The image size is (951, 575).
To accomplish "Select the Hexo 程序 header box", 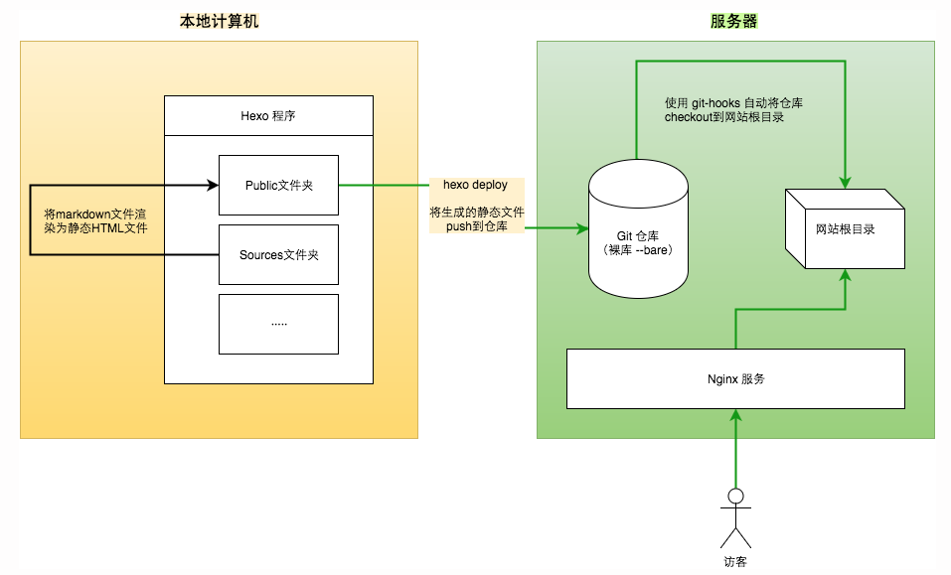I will pyautogui.click(x=268, y=116).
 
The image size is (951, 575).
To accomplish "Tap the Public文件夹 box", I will pyautogui.click(x=278, y=185).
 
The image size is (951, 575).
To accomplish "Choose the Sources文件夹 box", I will pyautogui.click(x=278, y=254).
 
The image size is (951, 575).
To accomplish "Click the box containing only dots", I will pyautogui.click(x=278, y=324).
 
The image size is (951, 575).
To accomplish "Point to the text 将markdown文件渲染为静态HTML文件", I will pyautogui.click(x=96, y=220).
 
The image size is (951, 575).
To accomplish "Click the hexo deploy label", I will pyautogui.click(x=475, y=186).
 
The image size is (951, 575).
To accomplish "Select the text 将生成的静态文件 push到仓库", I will pyautogui.click(x=476, y=219).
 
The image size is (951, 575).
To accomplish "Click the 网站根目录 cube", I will pyautogui.click(x=845, y=229).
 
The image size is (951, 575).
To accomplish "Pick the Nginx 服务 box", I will pyautogui.click(x=735, y=378).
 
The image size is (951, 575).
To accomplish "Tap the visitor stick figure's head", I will pyautogui.click(x=735, y=496).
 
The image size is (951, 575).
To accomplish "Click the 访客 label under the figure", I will pyautogui.click(x=735, y=561).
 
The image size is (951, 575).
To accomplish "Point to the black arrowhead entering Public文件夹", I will pyautogui.click(x=212, y=185).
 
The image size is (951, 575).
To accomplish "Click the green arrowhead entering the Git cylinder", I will pyautogui.click(x=582, y=228).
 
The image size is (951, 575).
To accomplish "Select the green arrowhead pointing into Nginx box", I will pyautogui.click(x=735, y=416).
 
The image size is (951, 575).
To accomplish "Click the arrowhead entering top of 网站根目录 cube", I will pyautogui.click(x=845, y=181).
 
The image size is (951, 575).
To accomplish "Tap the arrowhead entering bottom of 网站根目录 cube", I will pyautogui.click(x=845, y=276).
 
